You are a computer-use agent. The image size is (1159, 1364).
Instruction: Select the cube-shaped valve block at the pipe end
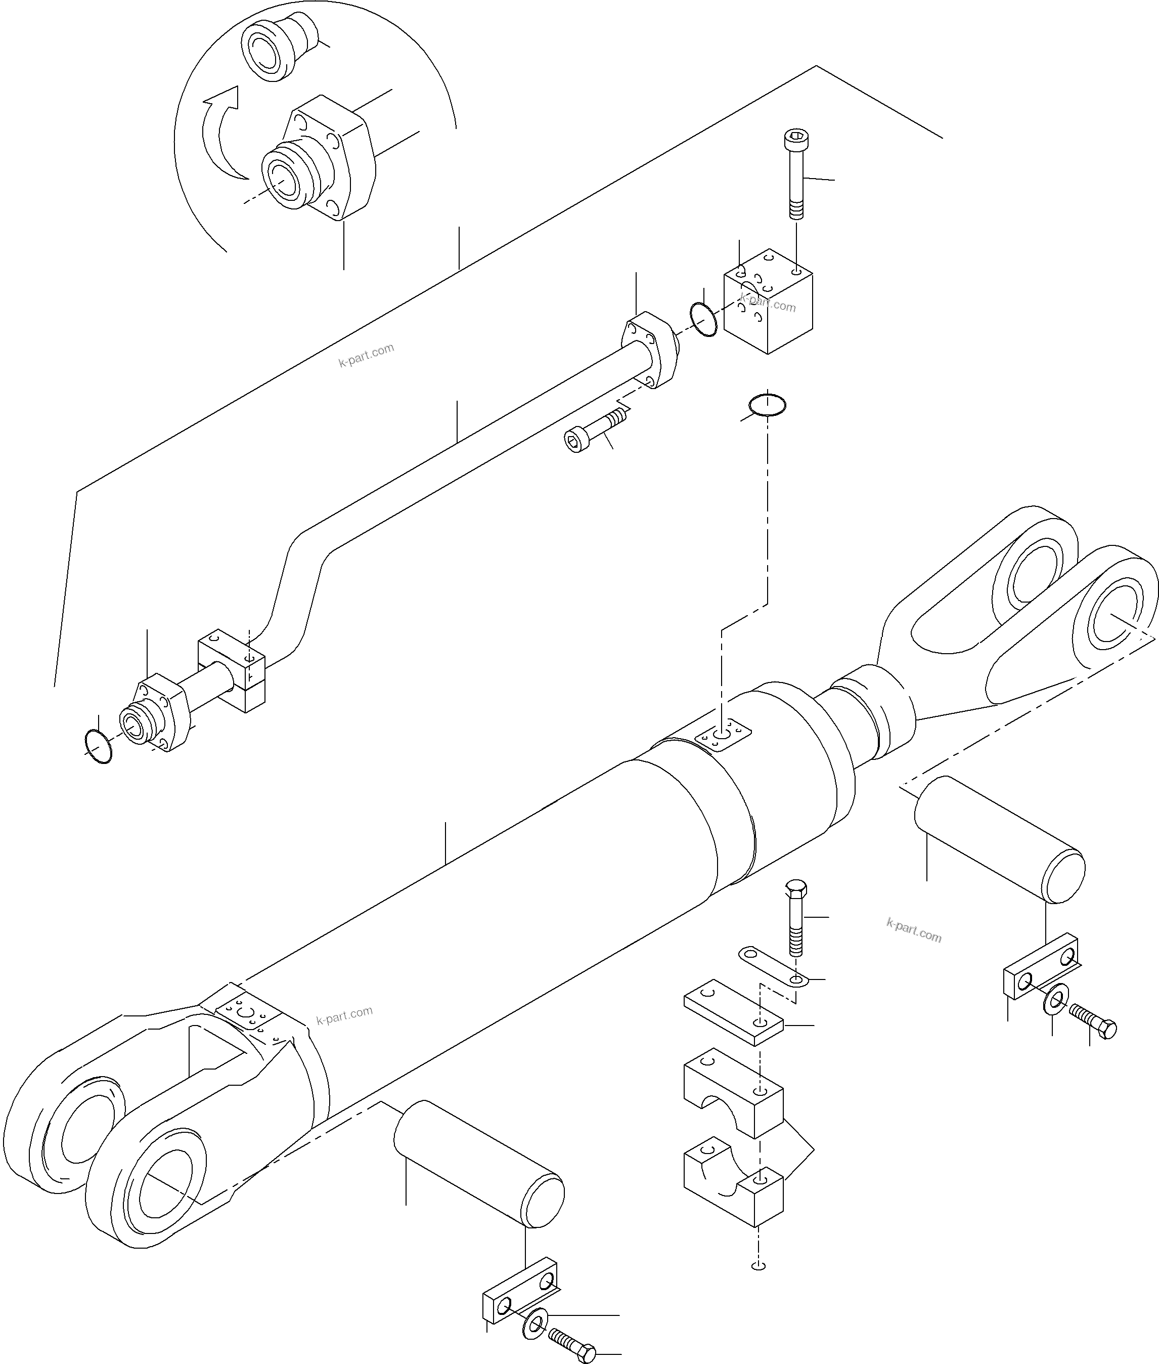(768, 304)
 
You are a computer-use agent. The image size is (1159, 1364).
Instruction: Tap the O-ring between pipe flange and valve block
(704, 319)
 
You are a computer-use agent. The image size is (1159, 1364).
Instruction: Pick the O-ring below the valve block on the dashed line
(767, 406)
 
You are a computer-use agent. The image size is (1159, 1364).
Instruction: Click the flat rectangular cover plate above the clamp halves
(733, 1021)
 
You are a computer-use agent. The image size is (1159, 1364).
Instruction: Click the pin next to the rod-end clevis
(999, 839)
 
